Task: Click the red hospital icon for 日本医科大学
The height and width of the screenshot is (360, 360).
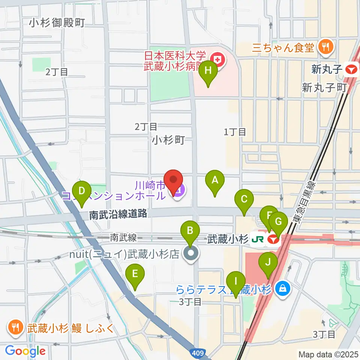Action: (217, 59)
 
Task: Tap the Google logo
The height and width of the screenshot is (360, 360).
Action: (25, 351)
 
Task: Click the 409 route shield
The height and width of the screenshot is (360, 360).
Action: (199, 353)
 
